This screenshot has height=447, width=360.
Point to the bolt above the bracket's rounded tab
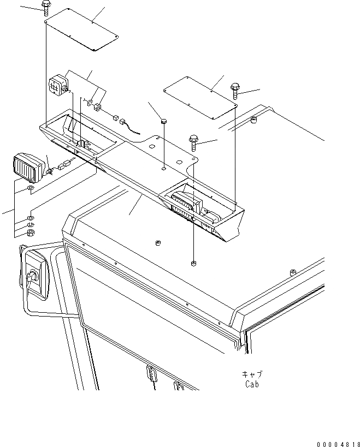coord(193,142)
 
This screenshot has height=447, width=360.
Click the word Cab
coord(252,384)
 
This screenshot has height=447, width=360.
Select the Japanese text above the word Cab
coord(252,374)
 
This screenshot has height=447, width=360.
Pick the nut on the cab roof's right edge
coord(293,271)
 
